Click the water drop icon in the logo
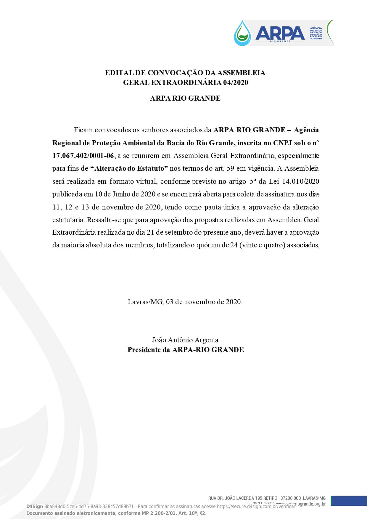click(242, 33)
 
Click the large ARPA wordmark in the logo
click(280, 33)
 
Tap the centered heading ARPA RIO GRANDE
click(185, 98)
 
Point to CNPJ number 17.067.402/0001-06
click(83, 156)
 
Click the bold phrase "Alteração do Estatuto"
click(129, 168)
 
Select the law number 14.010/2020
click(300, 181)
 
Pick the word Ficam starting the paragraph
click(83, 130)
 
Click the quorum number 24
click(234, 245)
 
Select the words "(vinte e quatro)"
click(262, 245)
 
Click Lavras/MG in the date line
click(145, 302)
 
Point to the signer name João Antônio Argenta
click(185, 340)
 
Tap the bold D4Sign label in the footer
click(35, 506)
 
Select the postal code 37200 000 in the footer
click(290, 498)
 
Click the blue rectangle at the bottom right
click(349, 501)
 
